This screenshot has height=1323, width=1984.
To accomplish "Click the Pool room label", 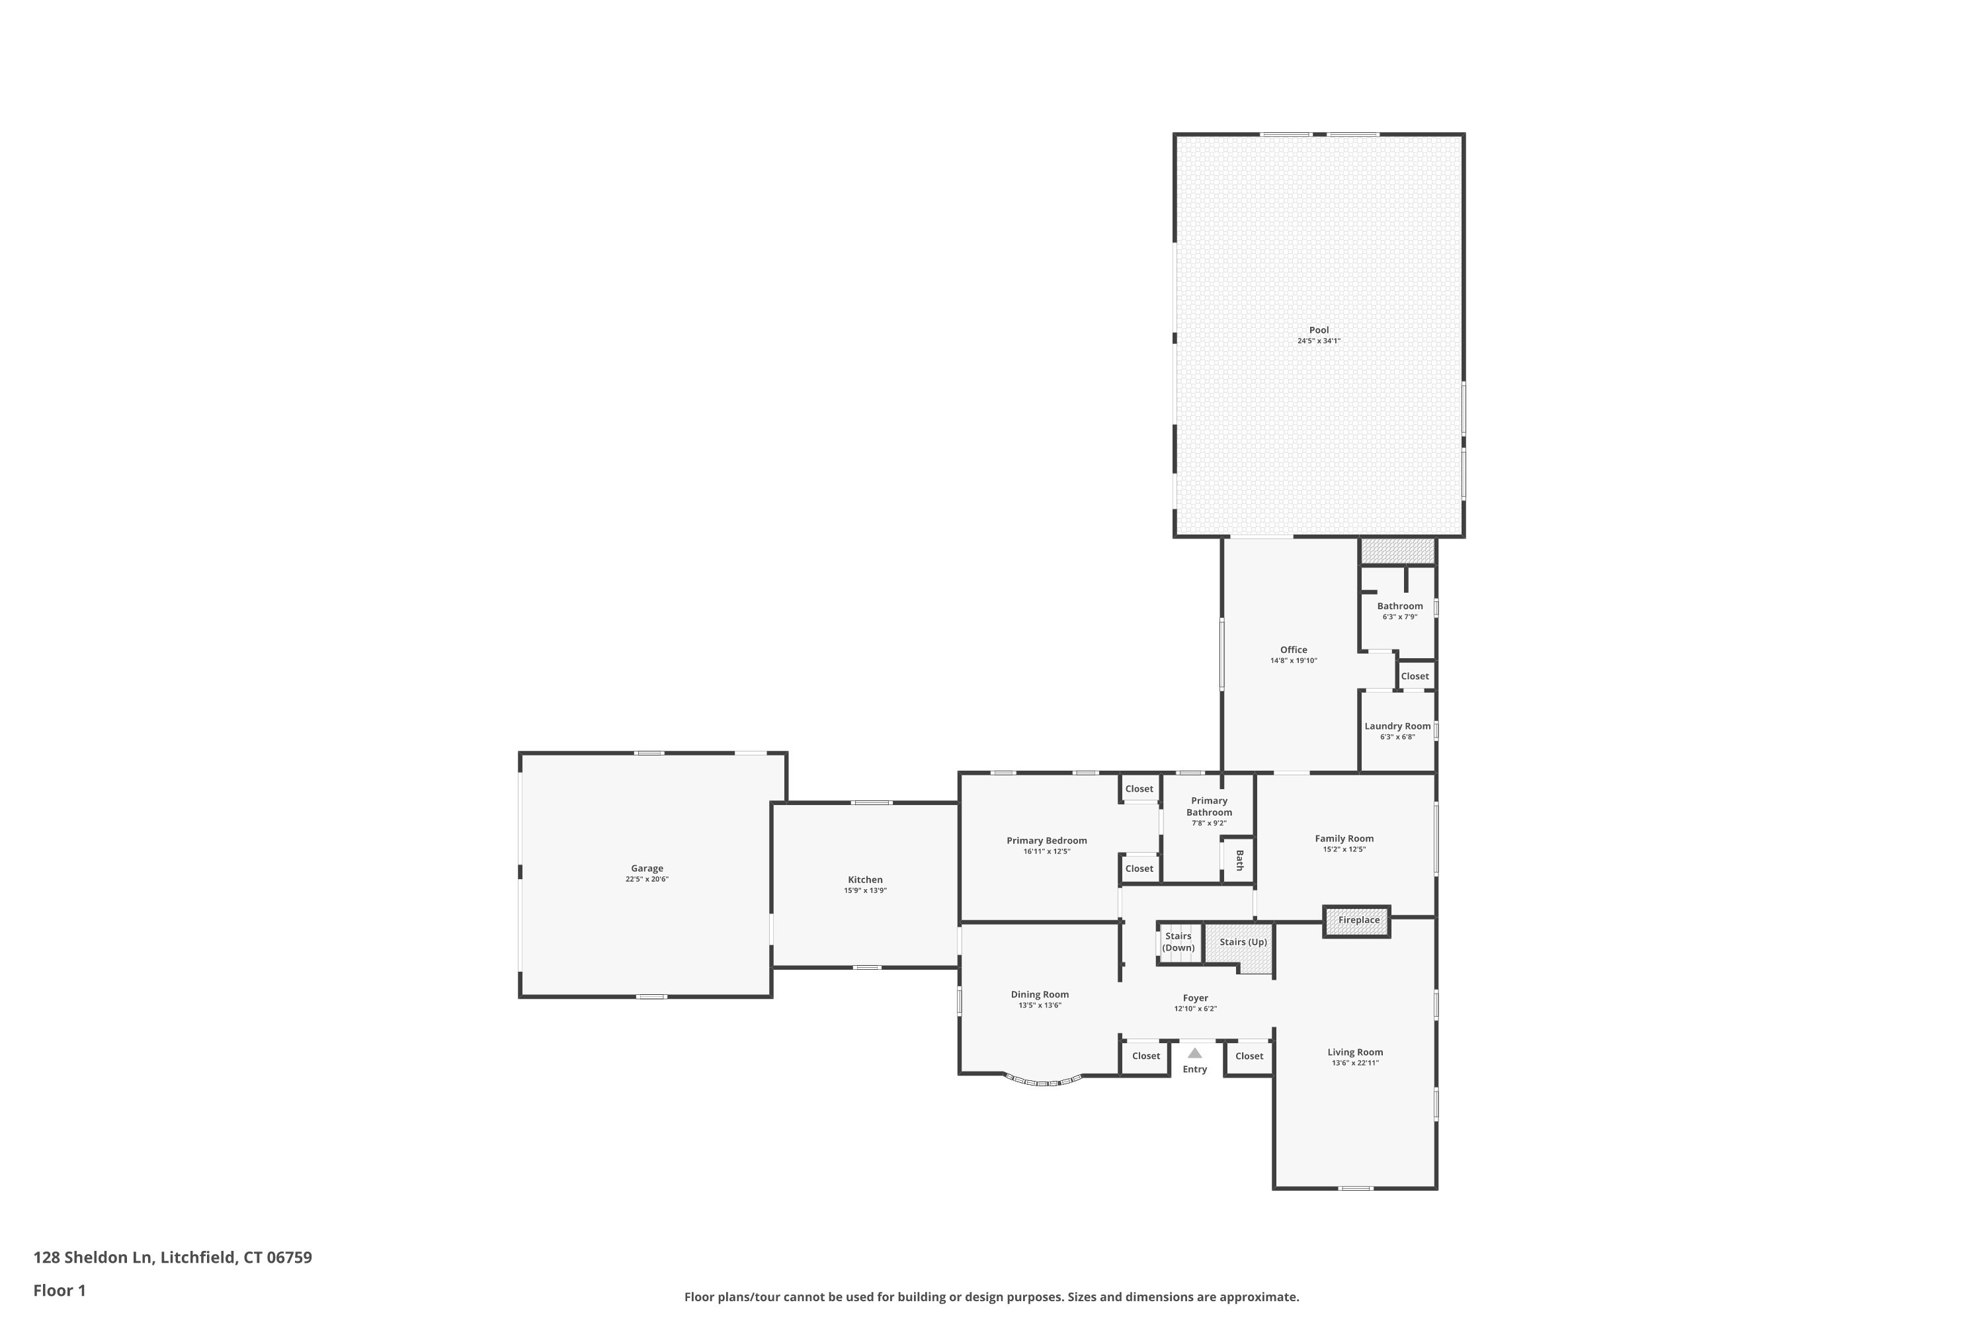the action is [1319, 331].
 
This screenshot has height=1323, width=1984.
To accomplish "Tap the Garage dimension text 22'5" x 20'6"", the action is [647, 879].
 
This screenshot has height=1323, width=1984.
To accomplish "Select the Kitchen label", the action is [866, 880].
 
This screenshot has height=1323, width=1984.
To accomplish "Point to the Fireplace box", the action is [1356, 921].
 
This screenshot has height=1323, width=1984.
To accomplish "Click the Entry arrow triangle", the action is [1194, 1053].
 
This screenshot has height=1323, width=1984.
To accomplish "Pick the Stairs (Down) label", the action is [1178, 941].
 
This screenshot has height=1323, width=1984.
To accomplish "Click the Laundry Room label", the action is [1398, 726].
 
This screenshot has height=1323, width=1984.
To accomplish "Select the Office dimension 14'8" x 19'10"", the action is [1294, 661].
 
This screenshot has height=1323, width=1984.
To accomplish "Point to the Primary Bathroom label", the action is [1210, 806].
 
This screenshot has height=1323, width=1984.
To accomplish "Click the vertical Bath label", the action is [1239, 861].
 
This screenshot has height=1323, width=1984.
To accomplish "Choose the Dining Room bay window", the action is [1044, 1081].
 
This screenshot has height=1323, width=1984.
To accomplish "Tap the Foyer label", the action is [1195, 998].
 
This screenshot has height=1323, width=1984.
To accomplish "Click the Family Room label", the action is [1344, 839].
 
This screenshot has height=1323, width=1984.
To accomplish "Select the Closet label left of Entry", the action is [1146, 1056].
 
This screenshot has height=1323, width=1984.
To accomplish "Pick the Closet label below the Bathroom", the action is [1415, 677].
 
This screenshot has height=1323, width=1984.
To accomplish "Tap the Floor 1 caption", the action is [60, 1290].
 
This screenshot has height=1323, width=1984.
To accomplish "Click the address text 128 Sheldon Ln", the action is [93, 1258].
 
